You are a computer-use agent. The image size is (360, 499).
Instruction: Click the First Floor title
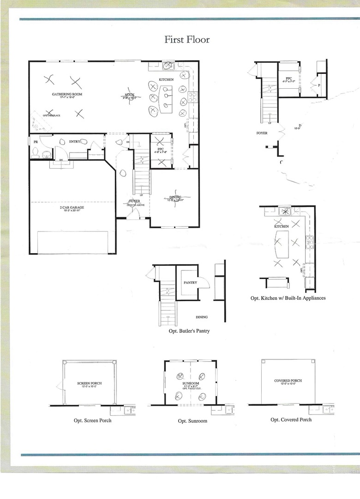tap(187, 40)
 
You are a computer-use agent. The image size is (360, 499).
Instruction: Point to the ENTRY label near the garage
tap(75, 141)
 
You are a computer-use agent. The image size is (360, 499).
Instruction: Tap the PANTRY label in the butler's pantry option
tap(190, 282)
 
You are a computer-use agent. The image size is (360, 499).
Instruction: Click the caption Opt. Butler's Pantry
tap(189, 331)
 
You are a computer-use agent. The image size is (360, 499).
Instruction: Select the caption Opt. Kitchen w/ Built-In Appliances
tap(288, 298)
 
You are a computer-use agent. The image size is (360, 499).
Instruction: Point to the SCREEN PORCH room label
tap(90, 383)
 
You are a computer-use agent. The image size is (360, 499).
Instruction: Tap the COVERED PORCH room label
tap(288, 381)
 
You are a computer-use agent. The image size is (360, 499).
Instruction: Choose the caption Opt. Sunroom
tap(192, 421)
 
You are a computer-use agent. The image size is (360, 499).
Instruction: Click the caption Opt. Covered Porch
tap(291, 420)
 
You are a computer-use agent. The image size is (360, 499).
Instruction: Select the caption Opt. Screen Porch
tap(92, 420)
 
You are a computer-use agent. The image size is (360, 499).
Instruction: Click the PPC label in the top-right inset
tap(289, 79)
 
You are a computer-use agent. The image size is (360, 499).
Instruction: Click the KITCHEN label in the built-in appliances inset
tap(282, 226)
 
